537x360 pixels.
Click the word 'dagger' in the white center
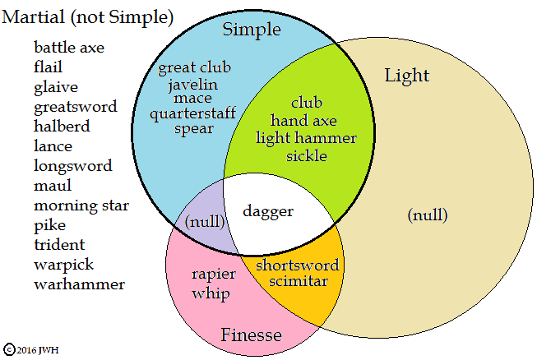(x=267, y=211)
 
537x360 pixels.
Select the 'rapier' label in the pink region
(x=215, y=275)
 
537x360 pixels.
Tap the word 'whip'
(x=211, y=293)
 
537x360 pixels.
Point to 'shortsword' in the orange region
(x=297, y=265)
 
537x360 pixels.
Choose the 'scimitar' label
(x=298, y=281)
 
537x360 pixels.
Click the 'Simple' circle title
(x=252, y=30)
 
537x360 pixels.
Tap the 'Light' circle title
(x=407, y=76)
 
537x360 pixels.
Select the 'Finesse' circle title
(x=251, y=335)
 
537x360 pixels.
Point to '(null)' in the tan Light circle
(x=428, y=215)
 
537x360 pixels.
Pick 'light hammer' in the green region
(x=307, y=138)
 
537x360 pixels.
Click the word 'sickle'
(x=307, y=155)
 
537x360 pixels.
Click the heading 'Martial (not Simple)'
(x=89, y=16)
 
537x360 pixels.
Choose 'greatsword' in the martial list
(x=76, y=107)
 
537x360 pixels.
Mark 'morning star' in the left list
(x=81, y=205)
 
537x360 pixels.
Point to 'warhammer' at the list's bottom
(x=80, y=284)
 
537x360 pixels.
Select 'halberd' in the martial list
(x=62, y=127)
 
